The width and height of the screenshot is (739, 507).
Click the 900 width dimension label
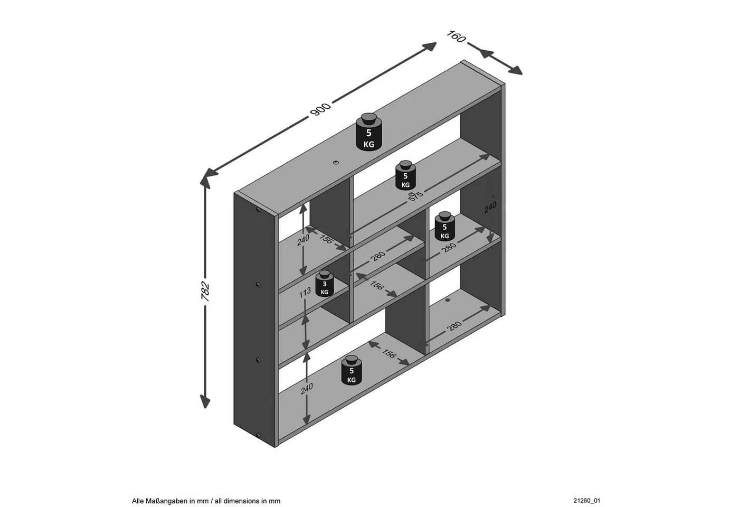click(320, 109)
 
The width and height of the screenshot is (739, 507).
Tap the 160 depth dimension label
click(456, 36)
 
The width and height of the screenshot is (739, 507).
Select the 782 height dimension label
click(205, 292)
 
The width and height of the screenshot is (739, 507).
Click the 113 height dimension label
click(305, 292)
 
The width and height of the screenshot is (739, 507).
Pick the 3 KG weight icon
click(325, 284)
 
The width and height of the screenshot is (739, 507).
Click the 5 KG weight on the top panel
click(369, 132)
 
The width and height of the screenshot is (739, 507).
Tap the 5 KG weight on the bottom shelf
click(352, 370)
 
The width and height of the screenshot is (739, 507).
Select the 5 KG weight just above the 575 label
click(405, 175)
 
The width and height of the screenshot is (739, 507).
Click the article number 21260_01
click(586, 501)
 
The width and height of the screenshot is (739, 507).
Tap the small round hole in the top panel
click(336, 163)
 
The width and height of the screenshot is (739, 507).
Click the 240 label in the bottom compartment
click(307, 389)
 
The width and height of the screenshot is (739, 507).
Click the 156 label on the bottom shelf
click(389, 353)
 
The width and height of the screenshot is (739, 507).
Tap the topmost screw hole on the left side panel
click(258, 209)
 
